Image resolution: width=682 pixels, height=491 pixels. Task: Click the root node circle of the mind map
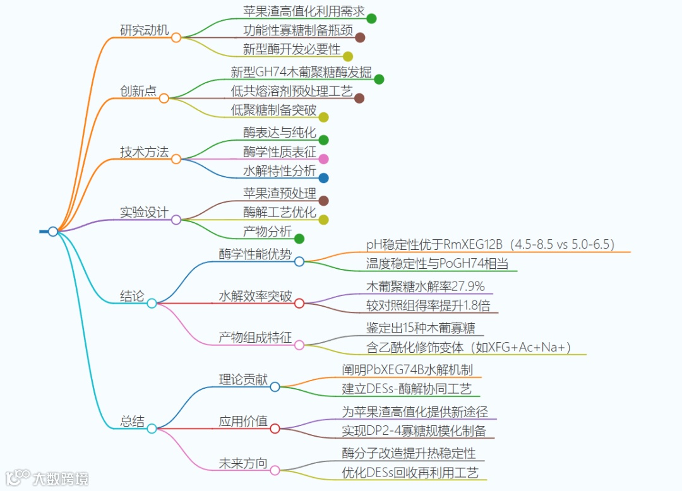coord(53,232)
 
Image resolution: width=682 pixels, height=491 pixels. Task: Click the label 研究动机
coord(145,30)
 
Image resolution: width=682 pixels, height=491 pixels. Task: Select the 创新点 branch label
coord(138,91)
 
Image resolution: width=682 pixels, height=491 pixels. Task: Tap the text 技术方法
coord(145,152)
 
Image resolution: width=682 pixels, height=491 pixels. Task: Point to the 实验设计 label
coord(145,213)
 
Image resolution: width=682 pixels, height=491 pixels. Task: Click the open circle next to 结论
coord(152,304)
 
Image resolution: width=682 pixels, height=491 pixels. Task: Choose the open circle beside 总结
coord(152,429)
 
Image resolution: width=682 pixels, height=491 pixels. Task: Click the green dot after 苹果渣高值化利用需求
coord(371,18)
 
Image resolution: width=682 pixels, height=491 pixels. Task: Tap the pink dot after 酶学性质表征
coord(323,159)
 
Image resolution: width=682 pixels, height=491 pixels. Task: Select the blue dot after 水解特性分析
coord(323,178)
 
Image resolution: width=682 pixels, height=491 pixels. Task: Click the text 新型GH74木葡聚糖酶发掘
coord(301,72)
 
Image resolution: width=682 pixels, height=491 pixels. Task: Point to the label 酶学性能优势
coord(255,254)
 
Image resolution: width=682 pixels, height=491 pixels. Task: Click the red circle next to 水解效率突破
coord(299,304)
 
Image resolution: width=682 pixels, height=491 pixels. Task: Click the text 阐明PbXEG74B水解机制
coord(407,370)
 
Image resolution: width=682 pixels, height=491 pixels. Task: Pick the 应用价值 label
coord(243,422)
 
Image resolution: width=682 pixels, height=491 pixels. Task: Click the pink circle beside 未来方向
coord(275,470)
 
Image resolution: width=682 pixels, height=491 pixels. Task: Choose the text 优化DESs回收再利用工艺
coord(410,472)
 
